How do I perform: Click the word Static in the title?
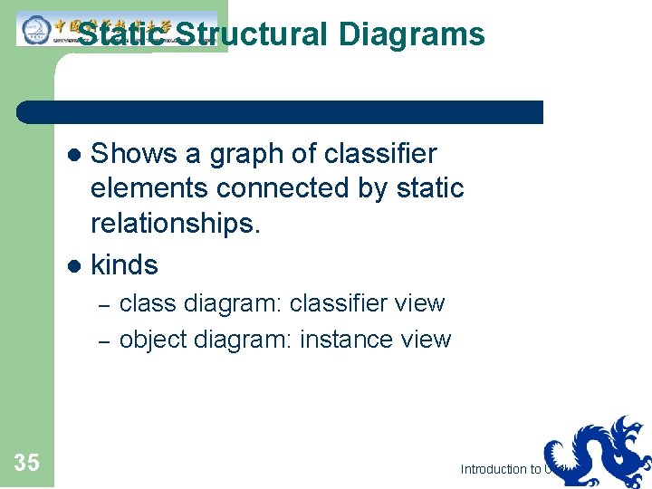121,34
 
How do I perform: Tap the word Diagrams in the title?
412,34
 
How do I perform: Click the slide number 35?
27,464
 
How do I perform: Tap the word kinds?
124,265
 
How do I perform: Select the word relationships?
175,225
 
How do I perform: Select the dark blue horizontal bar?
281,112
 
